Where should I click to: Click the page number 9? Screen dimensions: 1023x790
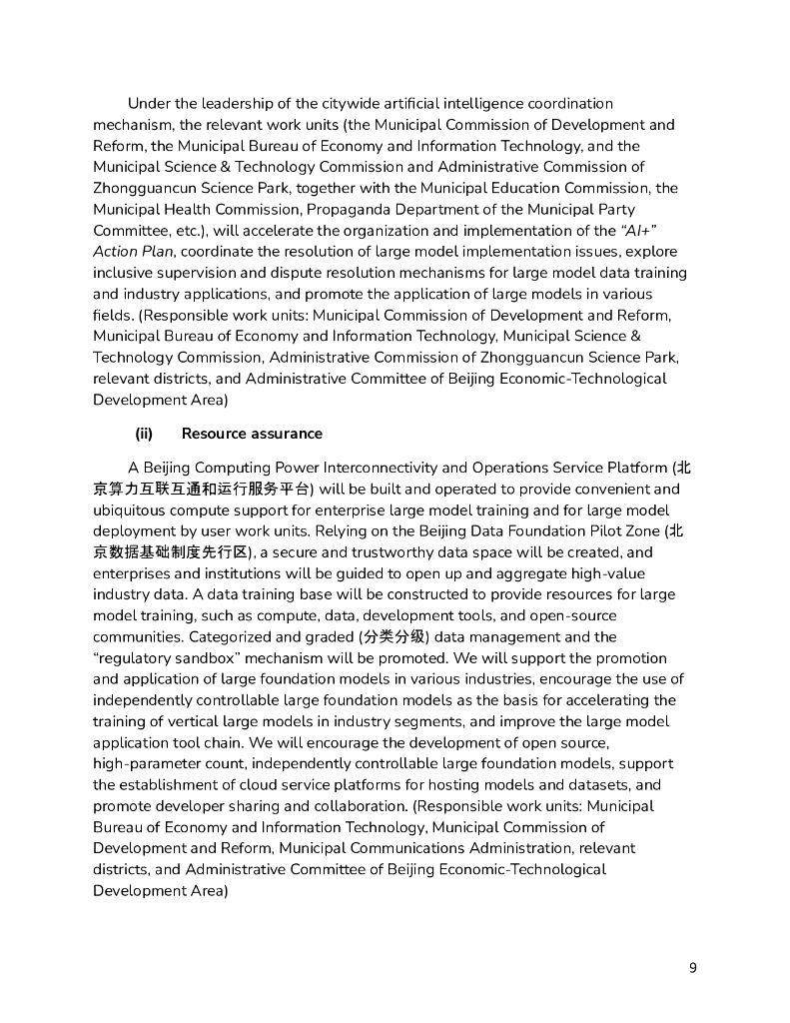692,968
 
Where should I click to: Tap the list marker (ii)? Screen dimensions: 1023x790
144,434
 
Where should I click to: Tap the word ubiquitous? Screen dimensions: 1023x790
133,511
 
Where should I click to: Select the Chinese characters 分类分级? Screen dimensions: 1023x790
378,636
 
